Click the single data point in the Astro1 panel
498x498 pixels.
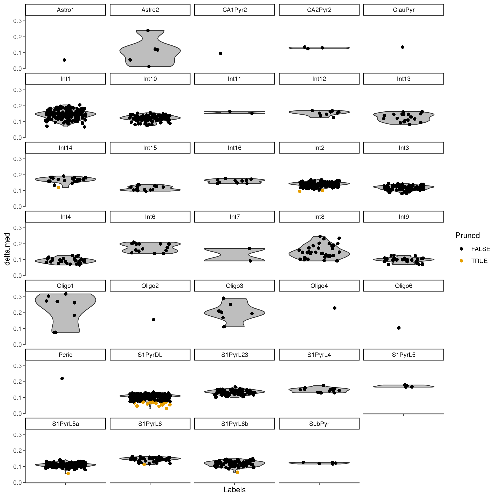(64, 60)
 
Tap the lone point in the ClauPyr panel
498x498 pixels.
(402, 47)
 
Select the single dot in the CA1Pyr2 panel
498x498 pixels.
(220, 53)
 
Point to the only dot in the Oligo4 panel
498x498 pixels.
(335, 308)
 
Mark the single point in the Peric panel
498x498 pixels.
(62, 378)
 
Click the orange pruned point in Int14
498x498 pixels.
(58, 188)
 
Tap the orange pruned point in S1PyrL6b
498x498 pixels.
(237, 472)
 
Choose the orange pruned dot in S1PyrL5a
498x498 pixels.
(68, 473)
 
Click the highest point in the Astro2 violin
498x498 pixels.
(148, 30)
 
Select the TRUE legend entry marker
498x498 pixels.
(461, 261)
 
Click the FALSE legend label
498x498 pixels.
(480, 249)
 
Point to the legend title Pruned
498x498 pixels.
(467, 236)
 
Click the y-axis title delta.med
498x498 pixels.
(7, 249)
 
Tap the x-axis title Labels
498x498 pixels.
(234, 490)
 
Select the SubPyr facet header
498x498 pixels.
(319, 424)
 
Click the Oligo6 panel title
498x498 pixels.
(404, 286)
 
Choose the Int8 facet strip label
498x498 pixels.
(319, 217)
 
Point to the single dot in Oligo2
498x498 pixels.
(154, 320)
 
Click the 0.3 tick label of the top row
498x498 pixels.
(18, 21)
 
